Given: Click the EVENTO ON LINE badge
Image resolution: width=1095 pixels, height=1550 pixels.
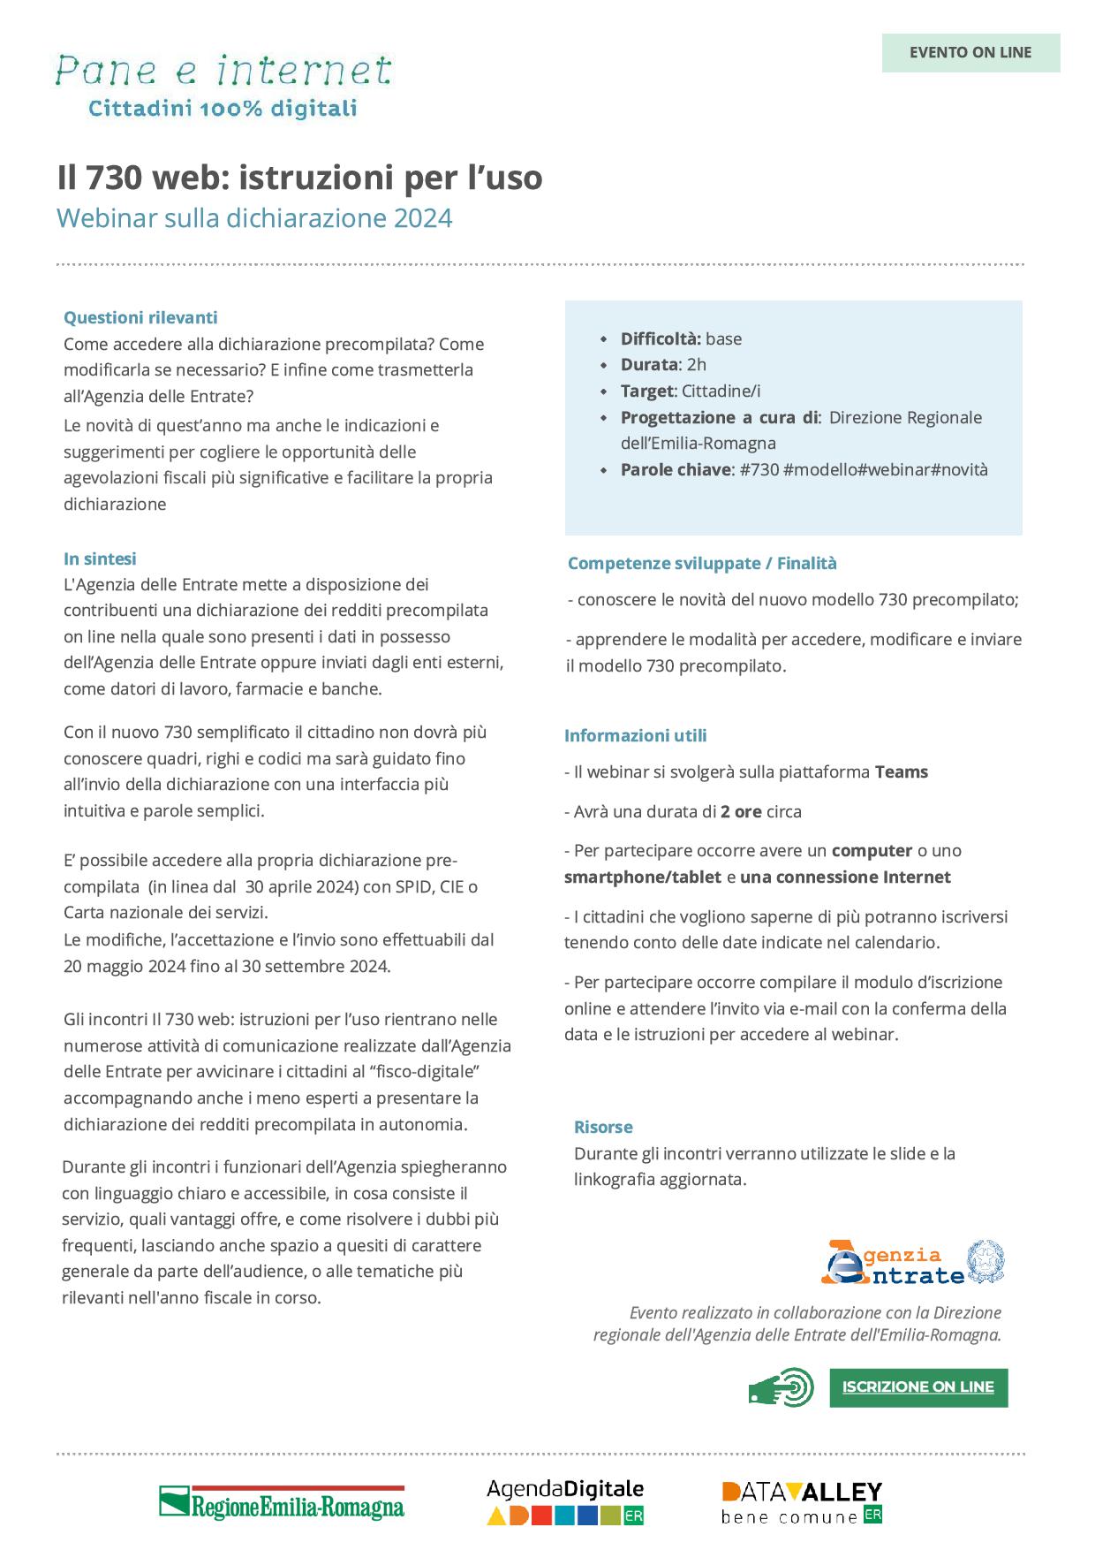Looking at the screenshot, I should coord(970,52).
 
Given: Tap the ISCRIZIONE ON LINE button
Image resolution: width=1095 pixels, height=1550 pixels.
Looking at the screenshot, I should coord(918,1387).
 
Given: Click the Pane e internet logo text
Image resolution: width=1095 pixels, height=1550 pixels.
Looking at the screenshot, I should coord(223,72).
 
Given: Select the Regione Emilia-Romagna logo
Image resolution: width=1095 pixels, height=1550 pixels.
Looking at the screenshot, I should coord(282,1502).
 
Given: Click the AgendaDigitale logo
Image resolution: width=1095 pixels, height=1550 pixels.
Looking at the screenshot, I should coord(565,1501).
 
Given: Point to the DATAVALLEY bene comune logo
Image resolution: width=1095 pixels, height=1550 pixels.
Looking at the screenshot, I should coord(802,1502).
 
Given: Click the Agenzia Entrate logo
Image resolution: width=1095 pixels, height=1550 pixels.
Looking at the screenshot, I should coord(912,1264).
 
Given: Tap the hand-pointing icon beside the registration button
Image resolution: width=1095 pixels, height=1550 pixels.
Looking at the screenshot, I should coord(781,1387).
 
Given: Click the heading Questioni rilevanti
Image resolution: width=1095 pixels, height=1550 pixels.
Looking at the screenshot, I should coord(140,317).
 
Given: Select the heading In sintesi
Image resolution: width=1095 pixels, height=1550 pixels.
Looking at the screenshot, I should coord(100,558).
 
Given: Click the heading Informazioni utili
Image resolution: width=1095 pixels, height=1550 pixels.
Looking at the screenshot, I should coord(636,735).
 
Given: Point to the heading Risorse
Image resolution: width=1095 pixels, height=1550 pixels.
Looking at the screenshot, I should coord(603,1127).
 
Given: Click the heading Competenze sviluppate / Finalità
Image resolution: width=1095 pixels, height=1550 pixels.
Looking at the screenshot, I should coord(702,563).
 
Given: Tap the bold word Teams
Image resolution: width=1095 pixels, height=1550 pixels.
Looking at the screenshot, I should coord(901,771).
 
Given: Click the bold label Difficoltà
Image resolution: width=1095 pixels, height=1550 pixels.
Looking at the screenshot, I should coord(661,338).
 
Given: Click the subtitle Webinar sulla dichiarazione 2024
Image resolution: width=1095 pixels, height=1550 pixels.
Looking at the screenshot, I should coord(254,217).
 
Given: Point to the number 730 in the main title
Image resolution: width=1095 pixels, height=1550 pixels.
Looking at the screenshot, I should coord(114,178).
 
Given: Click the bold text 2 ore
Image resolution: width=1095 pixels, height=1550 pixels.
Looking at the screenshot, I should coord(741,811).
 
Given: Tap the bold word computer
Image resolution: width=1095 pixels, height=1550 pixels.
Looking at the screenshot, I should coord(872,850).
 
